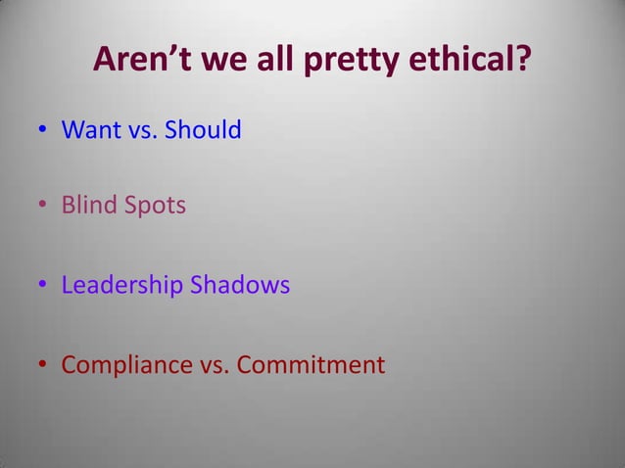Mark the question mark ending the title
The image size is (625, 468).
524,62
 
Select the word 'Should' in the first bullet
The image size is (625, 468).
203,129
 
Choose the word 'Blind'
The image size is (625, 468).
89,208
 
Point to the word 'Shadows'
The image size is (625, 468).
241,286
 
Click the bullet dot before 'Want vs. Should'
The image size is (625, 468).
44,130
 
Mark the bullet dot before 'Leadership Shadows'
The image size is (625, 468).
44,287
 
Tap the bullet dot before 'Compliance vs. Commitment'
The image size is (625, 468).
44,366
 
